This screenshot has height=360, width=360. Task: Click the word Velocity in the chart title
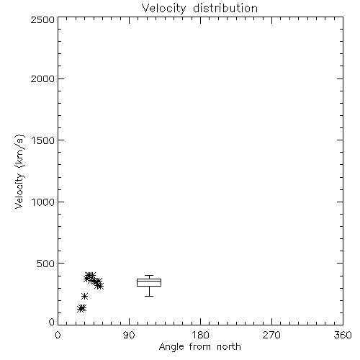point(163,8)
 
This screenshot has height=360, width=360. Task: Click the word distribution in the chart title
point(225,8)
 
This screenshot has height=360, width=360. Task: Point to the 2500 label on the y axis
point(42,19)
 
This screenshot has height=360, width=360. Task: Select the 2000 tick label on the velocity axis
point(42,78)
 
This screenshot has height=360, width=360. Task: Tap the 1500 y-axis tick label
point(43,140)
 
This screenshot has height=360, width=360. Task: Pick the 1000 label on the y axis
point(43,202)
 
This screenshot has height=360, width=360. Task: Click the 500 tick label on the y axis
point(46,264)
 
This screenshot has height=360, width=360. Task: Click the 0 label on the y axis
point(52,322)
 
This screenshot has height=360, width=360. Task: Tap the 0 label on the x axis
point(58,335)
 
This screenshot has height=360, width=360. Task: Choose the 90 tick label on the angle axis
point(129,335)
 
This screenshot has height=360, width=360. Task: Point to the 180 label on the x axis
point(200,335)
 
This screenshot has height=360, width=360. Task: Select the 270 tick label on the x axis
point(271,335)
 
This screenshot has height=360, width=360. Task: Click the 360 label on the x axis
point(343,335)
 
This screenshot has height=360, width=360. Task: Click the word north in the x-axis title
point(229,347)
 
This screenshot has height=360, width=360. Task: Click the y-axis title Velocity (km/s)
point(19,171)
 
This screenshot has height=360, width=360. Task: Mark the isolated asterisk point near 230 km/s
point(84,296)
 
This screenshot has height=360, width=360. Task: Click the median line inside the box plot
point(149,281)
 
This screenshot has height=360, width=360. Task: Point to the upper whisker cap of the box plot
point(149,276)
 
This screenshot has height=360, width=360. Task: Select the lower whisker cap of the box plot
point(149,296)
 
